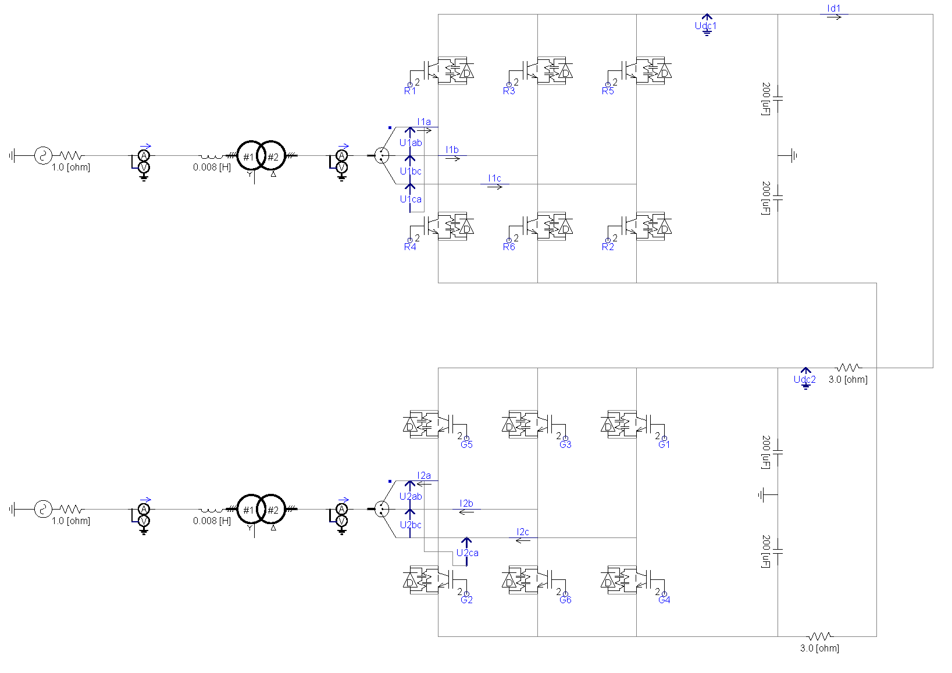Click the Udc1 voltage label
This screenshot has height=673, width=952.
click(705, 26)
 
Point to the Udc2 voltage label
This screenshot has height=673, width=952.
click(804, 380)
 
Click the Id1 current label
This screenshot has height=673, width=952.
click(833, 9)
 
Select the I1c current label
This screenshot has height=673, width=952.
click(494, 179)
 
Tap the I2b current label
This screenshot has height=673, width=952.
click(466, 504)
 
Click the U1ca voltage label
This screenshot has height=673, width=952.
click(411, 200)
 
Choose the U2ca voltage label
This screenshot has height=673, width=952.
click(467, 553)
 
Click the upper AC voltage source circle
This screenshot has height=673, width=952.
click(42, 155)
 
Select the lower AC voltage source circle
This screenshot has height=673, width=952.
click(42, 509)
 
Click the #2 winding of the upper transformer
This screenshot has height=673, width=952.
click(272, 156)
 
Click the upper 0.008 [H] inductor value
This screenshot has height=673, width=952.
click(212, 168)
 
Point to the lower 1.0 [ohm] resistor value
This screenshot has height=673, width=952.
click(71, 521)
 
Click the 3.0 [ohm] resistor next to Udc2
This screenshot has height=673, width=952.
click(848, 368)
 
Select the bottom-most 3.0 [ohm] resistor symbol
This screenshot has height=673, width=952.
click(819, 636)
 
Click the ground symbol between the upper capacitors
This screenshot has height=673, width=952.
click(793, 155)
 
